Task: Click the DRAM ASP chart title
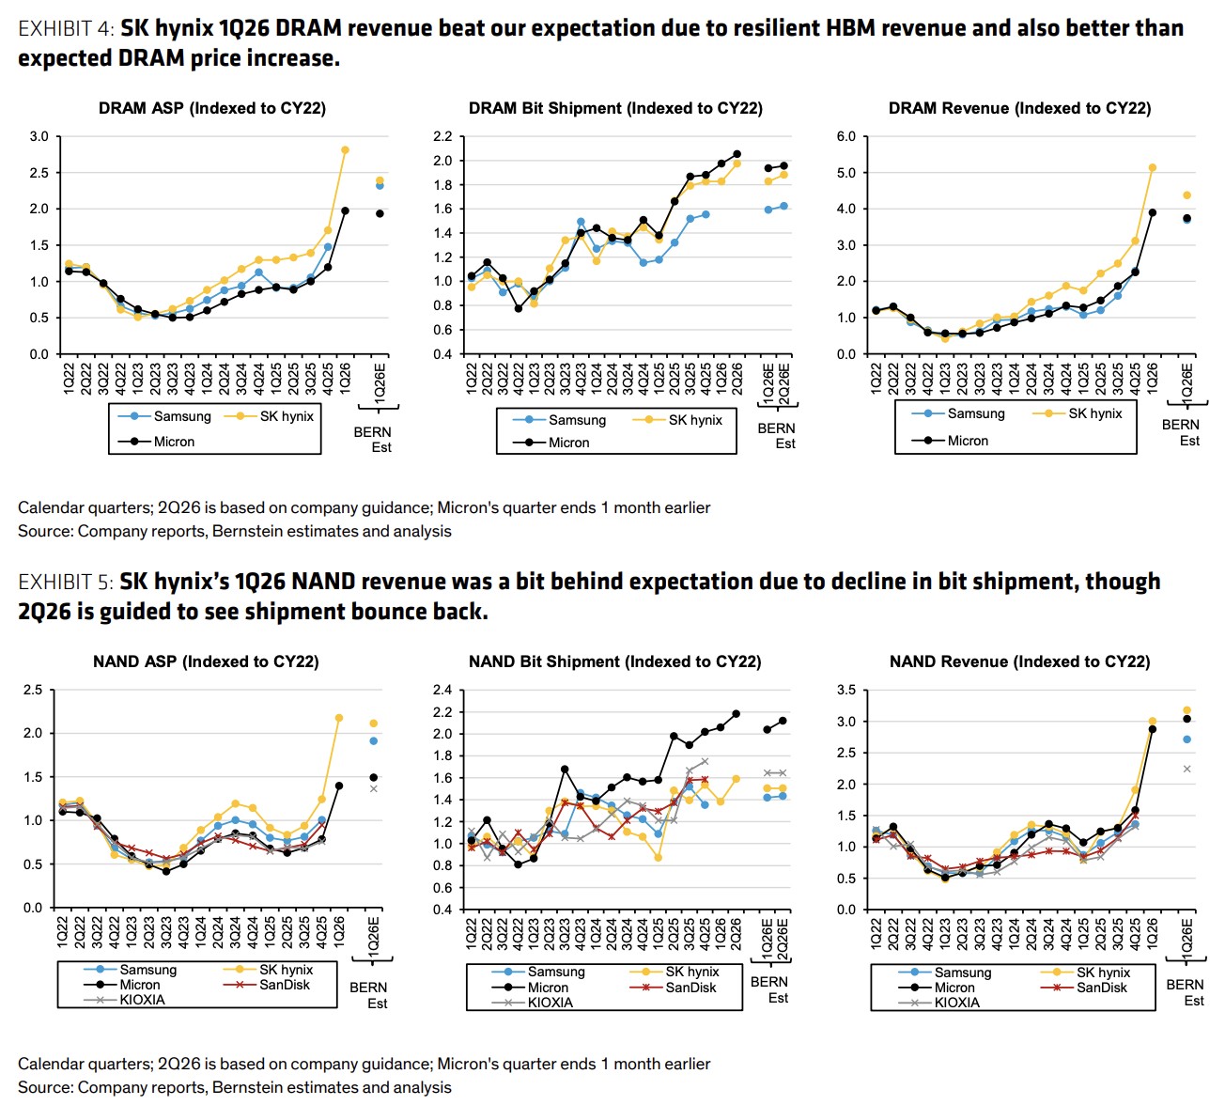[x=212, y=108]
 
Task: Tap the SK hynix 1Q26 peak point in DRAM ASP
[x=345, y=149]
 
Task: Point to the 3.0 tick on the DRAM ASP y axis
[x=39, y=136]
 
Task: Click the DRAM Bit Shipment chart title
[x=615, y=108]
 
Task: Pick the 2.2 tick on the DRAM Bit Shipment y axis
[x=442, y=136]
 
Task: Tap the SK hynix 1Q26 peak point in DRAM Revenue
[x=1153, y=168]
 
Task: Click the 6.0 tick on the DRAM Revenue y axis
[x=846, y=136]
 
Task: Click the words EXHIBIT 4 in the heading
[x=66, y=29]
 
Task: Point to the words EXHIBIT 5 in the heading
[x=66, y=583]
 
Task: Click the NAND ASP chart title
[x=206, y=661]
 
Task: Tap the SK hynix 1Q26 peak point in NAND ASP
[x=339, y=718]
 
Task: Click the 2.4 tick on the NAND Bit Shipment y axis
[x=442, y=690]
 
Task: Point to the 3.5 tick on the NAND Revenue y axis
[x=846, y=690]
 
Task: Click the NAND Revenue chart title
[x=1019, y=661]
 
